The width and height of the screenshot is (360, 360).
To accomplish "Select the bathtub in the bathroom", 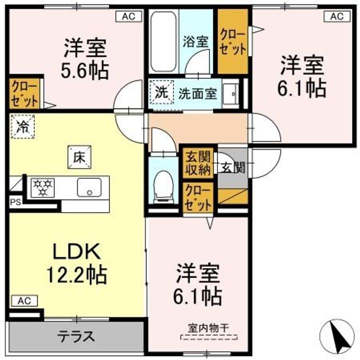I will click(x=163, y=42).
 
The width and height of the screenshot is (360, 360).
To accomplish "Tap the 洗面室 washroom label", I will click(x=198, y=93).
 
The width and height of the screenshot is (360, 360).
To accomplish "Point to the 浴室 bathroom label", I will click(x=195, y=41).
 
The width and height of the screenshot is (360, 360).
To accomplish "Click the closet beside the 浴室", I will click(x=233, y=42).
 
